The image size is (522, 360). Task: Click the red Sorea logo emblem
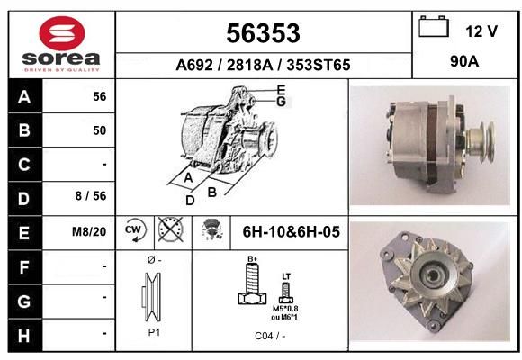pyautogui.click(x=62, y=33)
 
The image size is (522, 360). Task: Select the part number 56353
pyautogui.click(x=263, y=33)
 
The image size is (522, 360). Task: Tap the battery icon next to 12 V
pyautogui.click(x=434, y=26)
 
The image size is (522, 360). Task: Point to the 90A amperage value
pyautogui.click(x=464, y=61)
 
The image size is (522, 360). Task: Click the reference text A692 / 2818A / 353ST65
pyautogui.click(x=263, y=65)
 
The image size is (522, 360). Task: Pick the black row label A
pyautogui.click(x=25, y=97)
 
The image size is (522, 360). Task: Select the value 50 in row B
pyautogui.click(x=100, y=130)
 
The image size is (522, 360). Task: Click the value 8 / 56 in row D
pyautogui.click(x=91, y=196)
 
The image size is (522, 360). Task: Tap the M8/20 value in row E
pyautogui.click(x=89, y=231)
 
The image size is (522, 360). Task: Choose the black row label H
pyautogui.click(x=24, y=336)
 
